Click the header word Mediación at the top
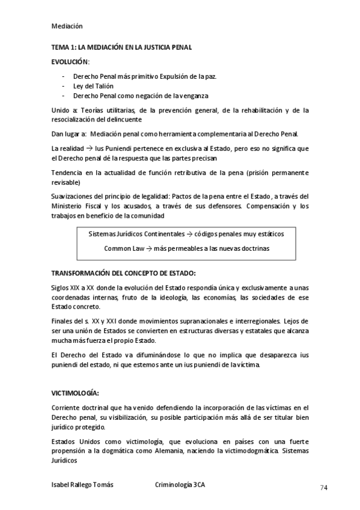coord(67,26)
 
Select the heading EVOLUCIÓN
coord(70,62)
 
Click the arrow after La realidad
coord(87,148)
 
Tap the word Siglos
coord(61,288)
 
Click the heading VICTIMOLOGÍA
coord(75,393)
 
